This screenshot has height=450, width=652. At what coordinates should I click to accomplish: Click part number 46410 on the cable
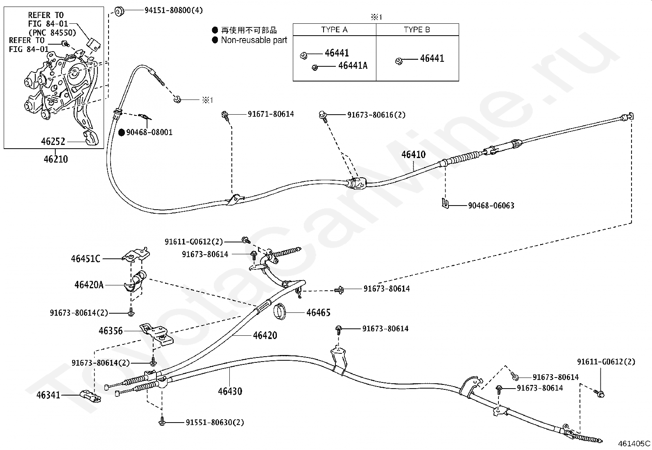pyautogui.click(x=413, y=154)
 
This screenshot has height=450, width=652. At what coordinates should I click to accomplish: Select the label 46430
pyautogui.click(x=230, y=391)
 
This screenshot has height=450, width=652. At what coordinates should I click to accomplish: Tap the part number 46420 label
pyautogui.click(x=265, y=335)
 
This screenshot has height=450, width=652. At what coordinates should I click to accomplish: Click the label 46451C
pyautogui.click(x=86, y=259)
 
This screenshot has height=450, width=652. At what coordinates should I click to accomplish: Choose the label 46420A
pyautogui.click(x=89, y=285)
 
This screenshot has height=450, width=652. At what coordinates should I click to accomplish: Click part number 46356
pyautogui.click(x=111, y=330)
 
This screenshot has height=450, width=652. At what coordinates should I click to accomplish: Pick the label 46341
pyautogui.click(x=48, y=395)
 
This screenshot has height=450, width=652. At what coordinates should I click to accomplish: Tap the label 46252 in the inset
pyautogui.click(x=53, y=142)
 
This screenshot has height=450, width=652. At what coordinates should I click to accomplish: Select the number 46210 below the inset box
pyautogui.click(x=56, y=159)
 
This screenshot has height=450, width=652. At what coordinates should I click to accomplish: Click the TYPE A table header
pyautogui.click(x=334, y=29)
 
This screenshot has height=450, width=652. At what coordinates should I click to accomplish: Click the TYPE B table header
pyautogui.click(x=417, y=29)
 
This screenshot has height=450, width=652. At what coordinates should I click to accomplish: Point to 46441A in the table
pyautogui.click(x=353, y=66)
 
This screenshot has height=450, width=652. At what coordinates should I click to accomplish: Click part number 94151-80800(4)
pyautogui.click(x=173, y=10)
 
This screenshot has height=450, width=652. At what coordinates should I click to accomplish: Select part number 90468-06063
pyautogui.click(x=491, y=205)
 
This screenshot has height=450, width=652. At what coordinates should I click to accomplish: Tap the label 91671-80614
pyautogui.click(x=271, y=114)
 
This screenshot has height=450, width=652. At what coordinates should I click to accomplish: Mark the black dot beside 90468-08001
pyautogui.click(x=122, y=132)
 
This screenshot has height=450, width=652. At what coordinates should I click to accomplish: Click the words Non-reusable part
pyautogui.click(x=254, y=40)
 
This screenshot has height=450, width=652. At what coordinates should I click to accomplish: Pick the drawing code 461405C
pyautogui.click(x=634, y=443)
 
